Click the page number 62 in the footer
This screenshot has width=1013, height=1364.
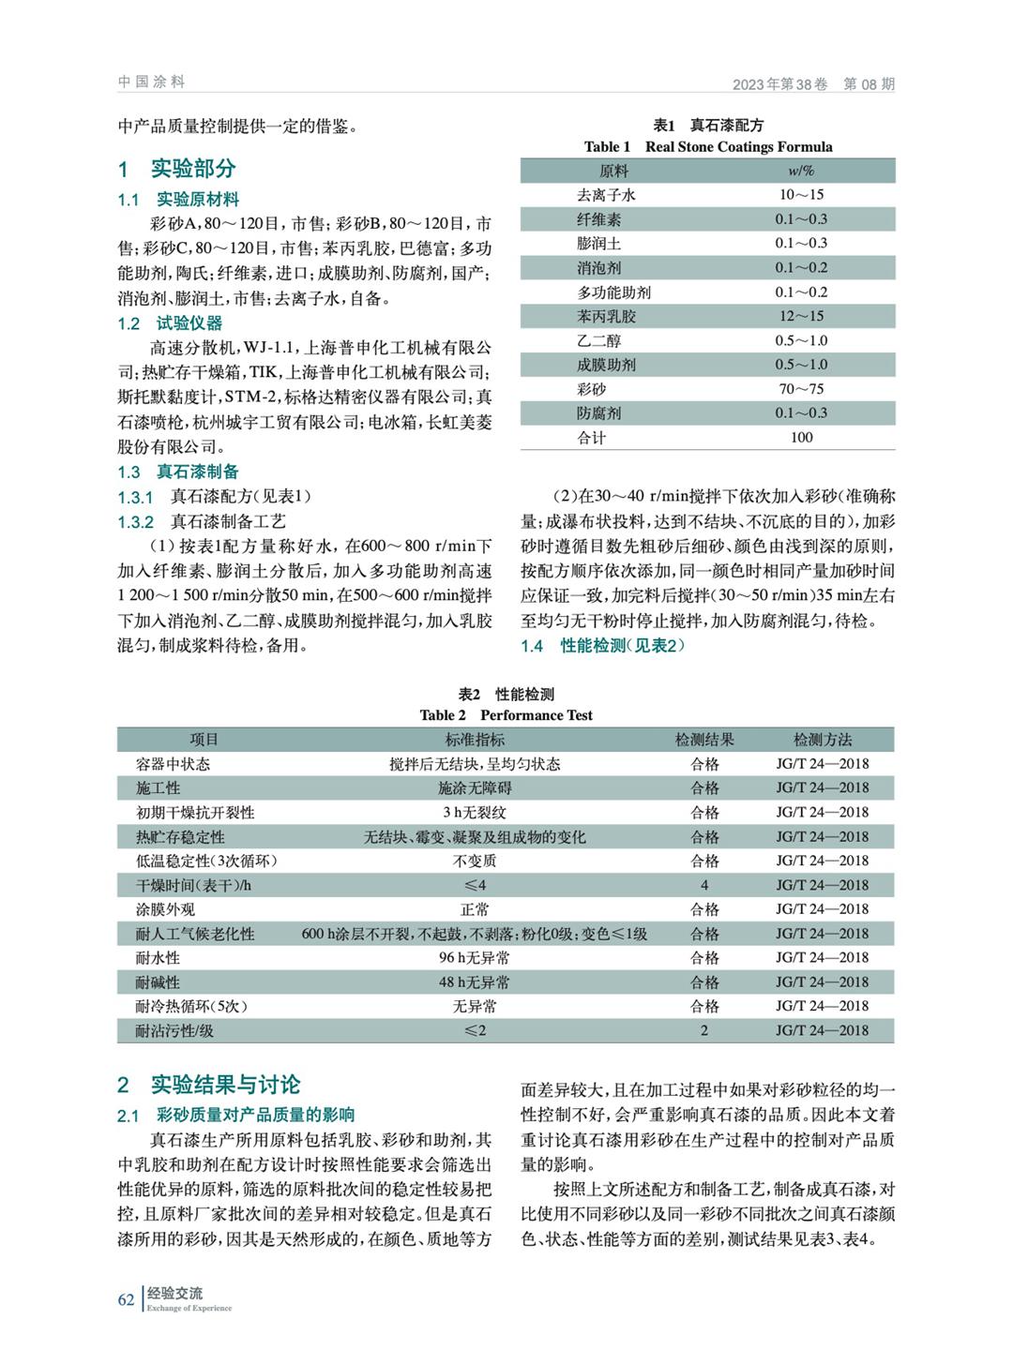126,1299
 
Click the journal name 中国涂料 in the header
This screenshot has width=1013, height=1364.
151,82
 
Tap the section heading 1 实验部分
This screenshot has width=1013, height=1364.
176,169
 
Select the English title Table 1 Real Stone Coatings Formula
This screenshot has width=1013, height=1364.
707,146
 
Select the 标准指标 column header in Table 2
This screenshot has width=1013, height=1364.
475,740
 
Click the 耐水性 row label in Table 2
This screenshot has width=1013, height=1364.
159,958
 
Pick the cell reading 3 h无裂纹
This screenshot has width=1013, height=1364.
475,813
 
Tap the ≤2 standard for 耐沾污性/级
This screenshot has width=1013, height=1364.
475,1031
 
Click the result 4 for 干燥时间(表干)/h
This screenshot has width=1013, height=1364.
704,885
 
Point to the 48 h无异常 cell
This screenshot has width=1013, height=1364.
475,982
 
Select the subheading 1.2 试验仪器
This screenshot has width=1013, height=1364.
170,323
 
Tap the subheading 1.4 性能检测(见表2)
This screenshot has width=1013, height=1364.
603,646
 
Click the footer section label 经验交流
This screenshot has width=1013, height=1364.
174,1294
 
